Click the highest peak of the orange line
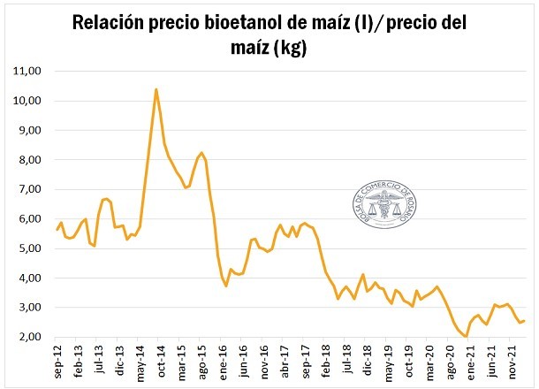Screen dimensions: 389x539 (x=156, y=89)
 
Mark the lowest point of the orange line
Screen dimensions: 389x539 (x=466, y=336)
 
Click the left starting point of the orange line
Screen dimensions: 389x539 (x=57, y=230)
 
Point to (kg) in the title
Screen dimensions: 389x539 (x=290, y=48)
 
